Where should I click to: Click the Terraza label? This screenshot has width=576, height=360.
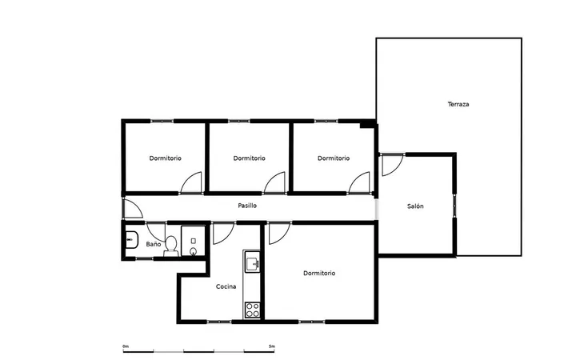click(458, 104)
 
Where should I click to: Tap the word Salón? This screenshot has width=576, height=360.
click(415, 206)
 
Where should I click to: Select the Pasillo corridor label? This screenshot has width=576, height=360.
click(247, 206)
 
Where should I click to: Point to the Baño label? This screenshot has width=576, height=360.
click(153, 244)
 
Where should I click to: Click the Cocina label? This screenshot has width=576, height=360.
click(226, 286)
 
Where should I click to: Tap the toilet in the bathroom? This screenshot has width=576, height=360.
click(171, 246)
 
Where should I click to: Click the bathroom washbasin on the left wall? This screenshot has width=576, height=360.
click(131, 240)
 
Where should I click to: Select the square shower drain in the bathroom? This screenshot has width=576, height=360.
click(194, 241)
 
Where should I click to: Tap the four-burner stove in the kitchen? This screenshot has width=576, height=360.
click(252, 310)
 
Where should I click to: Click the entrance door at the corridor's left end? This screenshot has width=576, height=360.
click(133, 208)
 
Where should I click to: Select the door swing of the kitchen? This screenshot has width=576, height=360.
click(223, 234)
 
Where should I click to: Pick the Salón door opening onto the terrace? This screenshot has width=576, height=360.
click(393, 165)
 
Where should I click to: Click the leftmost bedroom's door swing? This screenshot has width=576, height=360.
click(191, 182)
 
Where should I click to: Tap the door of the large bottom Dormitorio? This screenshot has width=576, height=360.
click(279, 234)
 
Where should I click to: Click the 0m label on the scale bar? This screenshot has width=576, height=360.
click(126, 346)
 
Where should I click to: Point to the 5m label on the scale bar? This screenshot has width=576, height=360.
click(271, 346)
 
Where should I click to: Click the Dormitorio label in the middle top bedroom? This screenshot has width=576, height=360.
click(249, 158)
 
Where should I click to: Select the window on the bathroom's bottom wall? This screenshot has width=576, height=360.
click(144, 259)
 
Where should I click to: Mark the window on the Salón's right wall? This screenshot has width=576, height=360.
click(454, 206)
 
